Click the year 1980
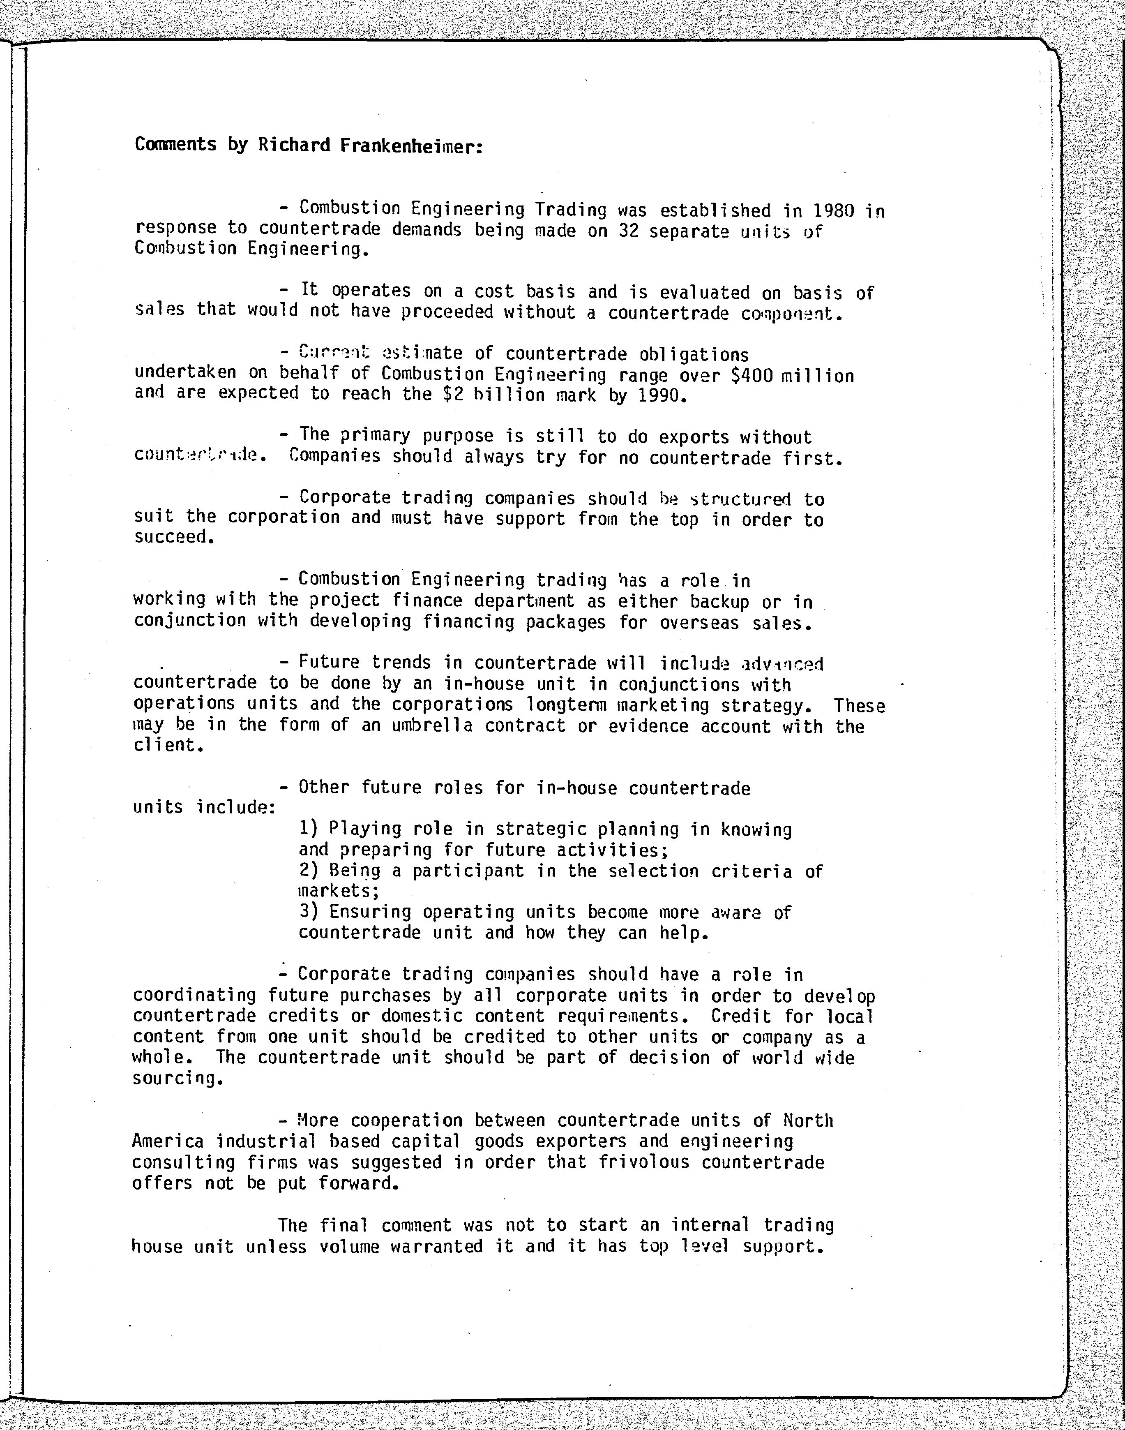[834, 211]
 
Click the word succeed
[174, 537]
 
